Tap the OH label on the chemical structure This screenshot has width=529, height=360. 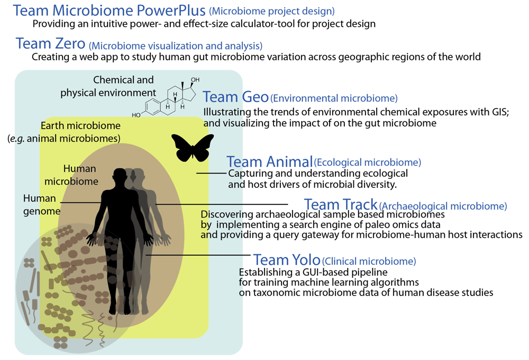click(195, 80)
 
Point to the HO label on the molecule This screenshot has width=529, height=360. click(136, 115)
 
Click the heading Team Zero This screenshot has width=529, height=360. click(50, 43)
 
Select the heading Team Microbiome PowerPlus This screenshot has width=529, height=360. click(109, 11)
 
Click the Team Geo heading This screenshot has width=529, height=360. click(235, 97)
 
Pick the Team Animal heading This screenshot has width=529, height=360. click(269, 162)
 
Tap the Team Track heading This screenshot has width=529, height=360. click(340, 204)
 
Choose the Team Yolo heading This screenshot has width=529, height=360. click(286, 260)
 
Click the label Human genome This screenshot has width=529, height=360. click(42, 205)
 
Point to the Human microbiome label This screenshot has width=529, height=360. click(71, 175)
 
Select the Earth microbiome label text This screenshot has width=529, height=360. click(80, 125)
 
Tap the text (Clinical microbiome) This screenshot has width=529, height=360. click(369, 261)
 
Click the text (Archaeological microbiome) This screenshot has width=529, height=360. click(443, 206)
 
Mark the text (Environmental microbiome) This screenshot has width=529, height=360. click(334, 98)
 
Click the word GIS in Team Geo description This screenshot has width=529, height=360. click(499, 112)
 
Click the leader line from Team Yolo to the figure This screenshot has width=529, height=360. click(198, 255)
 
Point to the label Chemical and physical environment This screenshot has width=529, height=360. click(108, 86)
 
